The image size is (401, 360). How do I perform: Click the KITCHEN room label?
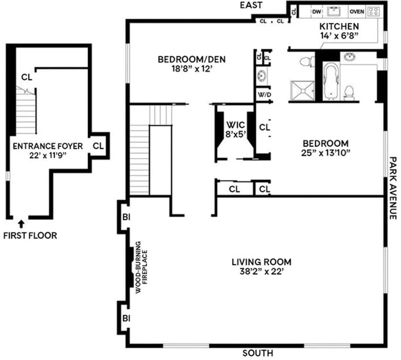pyautogui.click(x=339, y=26)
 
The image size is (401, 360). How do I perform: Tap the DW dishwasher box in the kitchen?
pyautogui.click(x=316, y=12)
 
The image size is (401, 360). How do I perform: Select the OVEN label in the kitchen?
pyautogui.click(x=357, y=12)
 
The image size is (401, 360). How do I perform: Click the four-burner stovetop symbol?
pyautogui.click(x=374, y=12)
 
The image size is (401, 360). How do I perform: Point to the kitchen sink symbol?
pyautogui.click(x=335, y=12)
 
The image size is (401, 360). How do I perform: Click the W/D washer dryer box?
pyautogui.click(x=264, y=95)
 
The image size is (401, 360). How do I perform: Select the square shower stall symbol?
pyautogui.click(x=302, y=90)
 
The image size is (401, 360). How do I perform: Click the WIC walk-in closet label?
pyautogui.click(x=236, y=125)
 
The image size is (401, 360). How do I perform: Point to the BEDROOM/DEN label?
pyautogui.click(x=191, y=59)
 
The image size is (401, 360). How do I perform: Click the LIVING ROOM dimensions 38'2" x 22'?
pyautogui.click(x=261, y=271)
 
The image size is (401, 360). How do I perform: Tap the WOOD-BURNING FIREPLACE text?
pyautogui.click(x=141, y=267)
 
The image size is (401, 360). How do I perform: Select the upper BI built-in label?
pyautogui.click(x=126, y=217)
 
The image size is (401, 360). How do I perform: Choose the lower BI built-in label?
pyautogui.click(x=126, y=319)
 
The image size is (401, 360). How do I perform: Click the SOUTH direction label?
pyautogui.click(x=258, y=353)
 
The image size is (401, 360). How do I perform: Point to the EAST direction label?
pyautogui.click(x=251, y=5)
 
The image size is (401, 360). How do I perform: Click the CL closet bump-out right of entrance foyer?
pyautogui.click(x=98, y=146)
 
